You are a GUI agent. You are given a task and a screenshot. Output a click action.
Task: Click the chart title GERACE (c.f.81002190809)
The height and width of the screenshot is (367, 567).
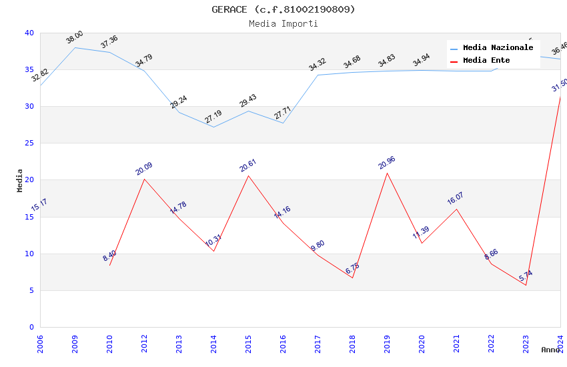coord(283,9)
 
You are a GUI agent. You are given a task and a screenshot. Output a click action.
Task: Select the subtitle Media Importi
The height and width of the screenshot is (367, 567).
coord(283,23)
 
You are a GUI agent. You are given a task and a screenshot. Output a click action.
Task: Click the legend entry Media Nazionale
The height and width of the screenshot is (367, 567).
coord(498,48)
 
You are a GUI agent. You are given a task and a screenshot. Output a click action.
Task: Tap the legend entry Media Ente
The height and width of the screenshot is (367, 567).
coord(486,61)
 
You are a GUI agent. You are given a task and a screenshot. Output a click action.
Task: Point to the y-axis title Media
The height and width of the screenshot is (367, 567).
coord(20,180)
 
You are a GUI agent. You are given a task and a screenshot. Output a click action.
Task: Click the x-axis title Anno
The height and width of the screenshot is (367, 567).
coord(550,350)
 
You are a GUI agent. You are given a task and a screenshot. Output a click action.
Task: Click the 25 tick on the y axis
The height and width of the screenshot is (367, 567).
coord(29,143)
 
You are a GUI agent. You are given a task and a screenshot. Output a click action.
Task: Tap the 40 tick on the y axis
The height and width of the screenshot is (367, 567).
coord(29,33)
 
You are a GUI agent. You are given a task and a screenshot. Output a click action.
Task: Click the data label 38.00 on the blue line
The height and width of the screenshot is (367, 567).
coord(75,37)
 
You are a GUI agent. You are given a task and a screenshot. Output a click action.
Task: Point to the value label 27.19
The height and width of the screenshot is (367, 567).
coord(213,117)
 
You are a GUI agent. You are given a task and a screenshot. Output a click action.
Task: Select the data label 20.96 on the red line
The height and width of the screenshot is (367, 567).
coord(387,163)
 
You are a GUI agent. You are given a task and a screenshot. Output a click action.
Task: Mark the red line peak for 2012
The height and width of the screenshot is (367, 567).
coord(144,179)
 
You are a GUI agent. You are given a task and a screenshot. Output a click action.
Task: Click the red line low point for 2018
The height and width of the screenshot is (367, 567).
coord(352,278)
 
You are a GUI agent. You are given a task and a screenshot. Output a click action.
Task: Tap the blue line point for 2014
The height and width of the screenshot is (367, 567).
coord(213,127)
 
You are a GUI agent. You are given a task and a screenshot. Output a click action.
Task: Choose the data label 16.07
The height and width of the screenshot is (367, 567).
coord(456,199)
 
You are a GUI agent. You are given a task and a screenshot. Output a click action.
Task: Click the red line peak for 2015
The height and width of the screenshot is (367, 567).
coord(248,175)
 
